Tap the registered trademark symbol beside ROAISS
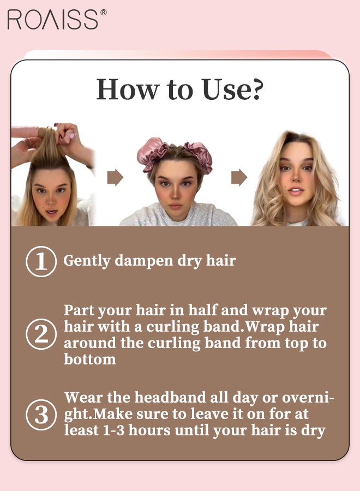(x=103, y=12)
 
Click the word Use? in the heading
(x=232, y=89)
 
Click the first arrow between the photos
(x=115, y=177)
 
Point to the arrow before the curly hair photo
(x=239, y=177)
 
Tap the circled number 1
(x=41, y=261)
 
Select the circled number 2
(x=41, y=334)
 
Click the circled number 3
(x=41, y=415)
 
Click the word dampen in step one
(x=144, y=261)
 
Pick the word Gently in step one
(x=87, y=261)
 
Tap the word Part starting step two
(x=79, y=310)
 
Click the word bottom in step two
(x=90, y=359)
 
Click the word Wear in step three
(x=83, y=398)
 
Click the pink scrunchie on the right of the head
(x=199, y=155)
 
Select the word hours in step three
(x=149, y=430)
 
